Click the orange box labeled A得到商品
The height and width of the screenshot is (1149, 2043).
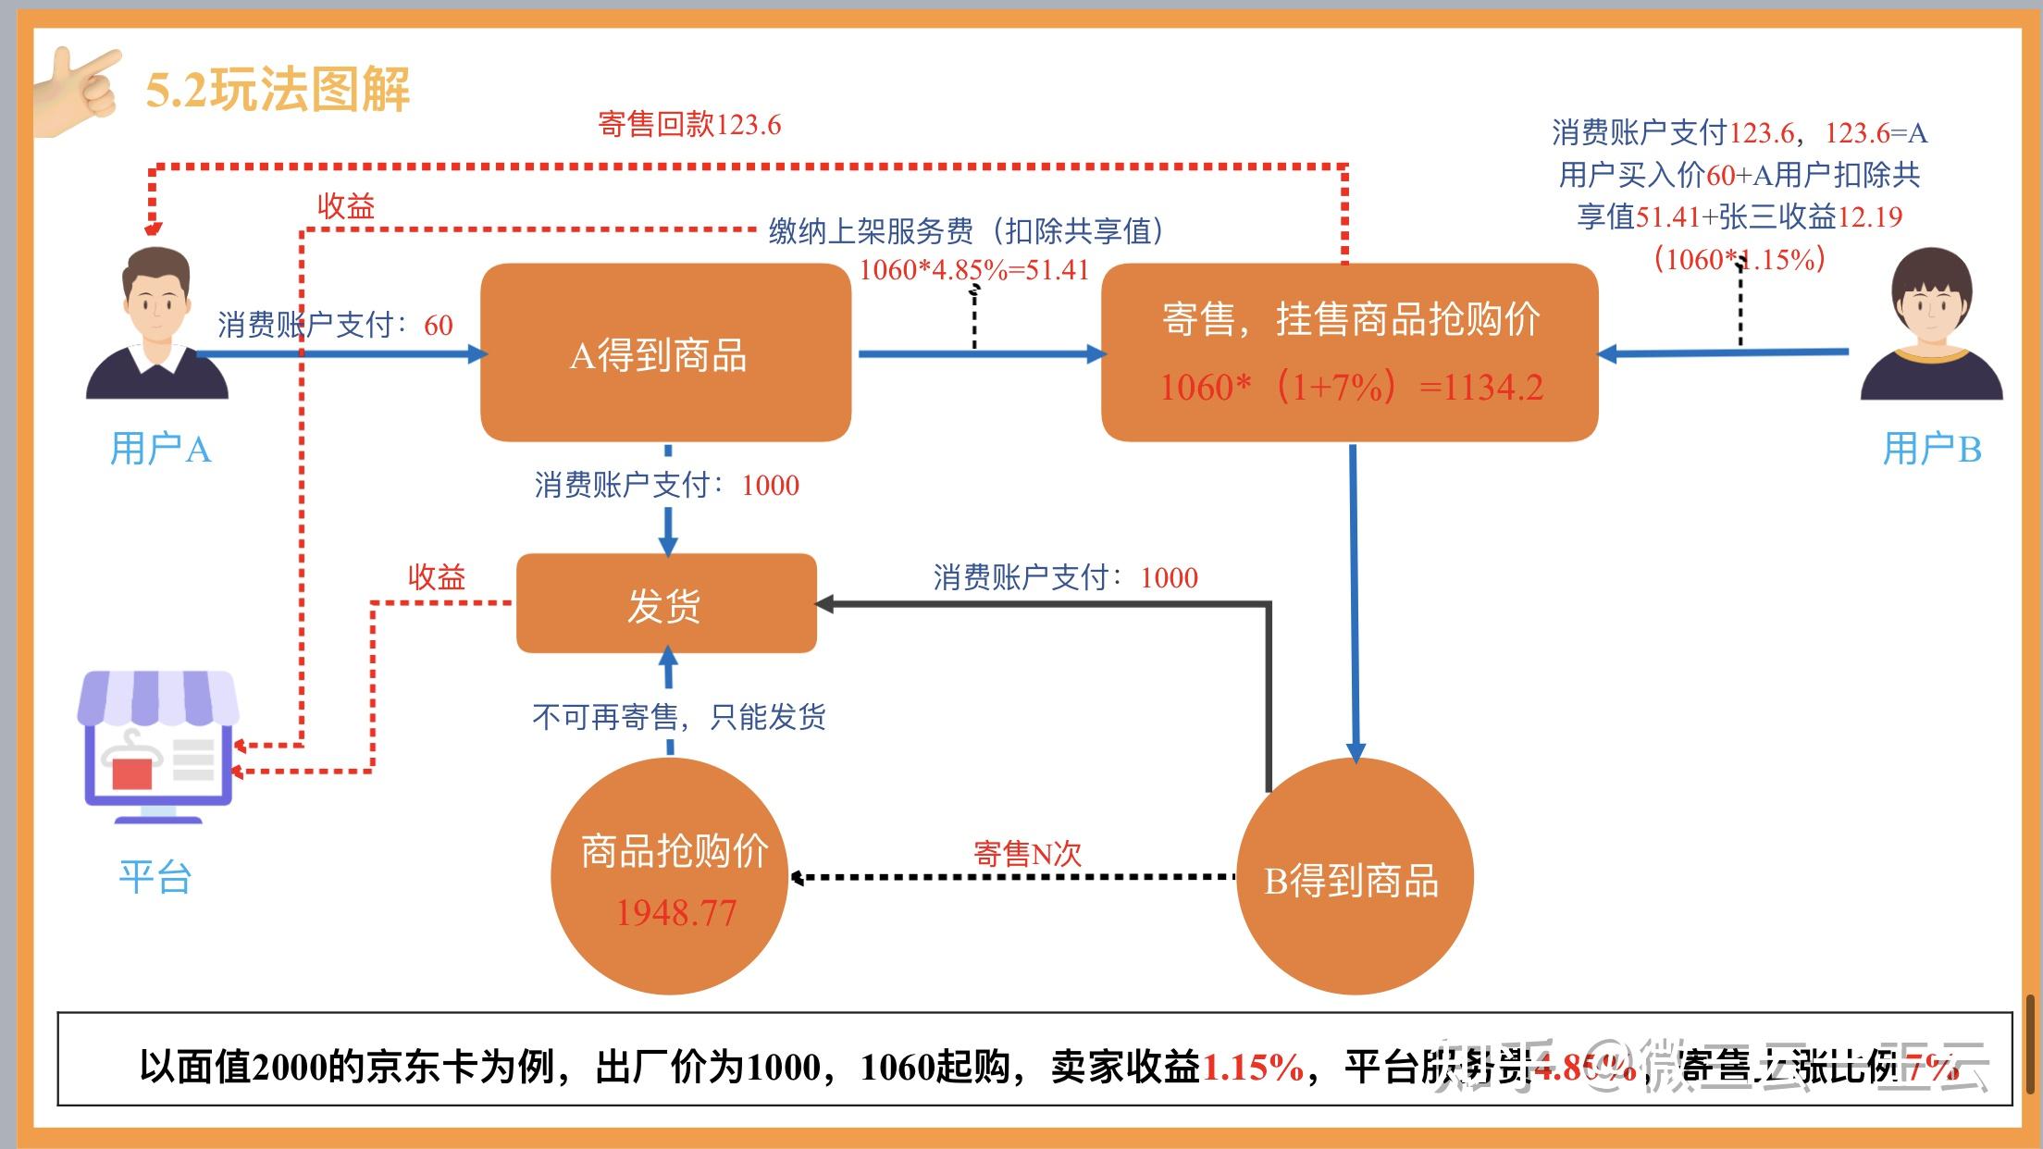(665, 353)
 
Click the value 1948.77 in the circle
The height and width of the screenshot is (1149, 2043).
(675, 914)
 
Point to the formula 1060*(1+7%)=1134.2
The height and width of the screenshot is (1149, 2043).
(1351, 388)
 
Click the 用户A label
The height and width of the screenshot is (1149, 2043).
(161, 450)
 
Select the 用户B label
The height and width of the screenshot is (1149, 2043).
(1932, 450)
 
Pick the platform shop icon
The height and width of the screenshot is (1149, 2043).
(157, 746)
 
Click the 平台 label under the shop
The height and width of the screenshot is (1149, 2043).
(155, 876)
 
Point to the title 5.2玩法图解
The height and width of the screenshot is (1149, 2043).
(278, 90)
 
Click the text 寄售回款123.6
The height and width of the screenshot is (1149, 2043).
(689, 124)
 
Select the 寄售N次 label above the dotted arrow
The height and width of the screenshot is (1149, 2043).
(1027, 853)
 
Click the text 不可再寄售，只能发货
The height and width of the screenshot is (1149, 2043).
(678, 716)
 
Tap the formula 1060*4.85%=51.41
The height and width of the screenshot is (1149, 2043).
(974, 270)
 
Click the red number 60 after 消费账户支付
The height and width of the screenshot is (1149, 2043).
(439, 325)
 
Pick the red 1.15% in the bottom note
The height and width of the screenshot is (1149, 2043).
(1252, 1068)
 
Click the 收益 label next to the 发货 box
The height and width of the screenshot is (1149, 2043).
(437, 577)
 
